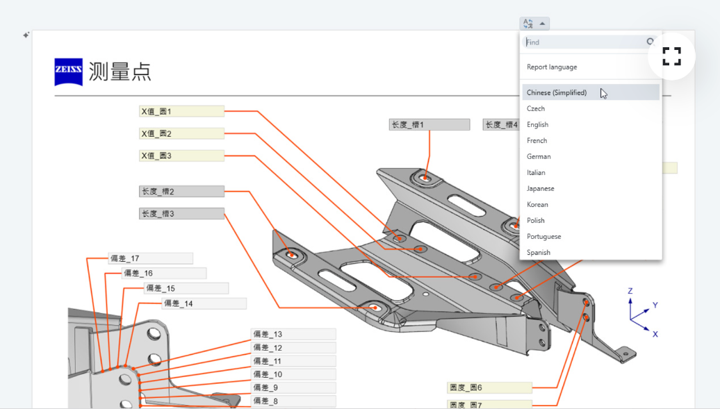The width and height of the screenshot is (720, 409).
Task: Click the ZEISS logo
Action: pyautogui.click(x=68, y=72)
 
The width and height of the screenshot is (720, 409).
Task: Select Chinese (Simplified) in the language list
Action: pyautogui.click(x=557, y=92)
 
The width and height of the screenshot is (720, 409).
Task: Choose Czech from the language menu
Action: pyautogui.click(x=536, y=108)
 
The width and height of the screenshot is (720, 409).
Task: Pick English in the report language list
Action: pyautogui.click(x=538, y=124)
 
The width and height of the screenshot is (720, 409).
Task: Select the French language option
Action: pyautogui.click(x=537, y=140)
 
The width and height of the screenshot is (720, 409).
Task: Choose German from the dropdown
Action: pyautogui.click(x=539, y=156)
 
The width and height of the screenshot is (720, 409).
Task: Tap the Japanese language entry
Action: pyautogui.click(x=541, y=189)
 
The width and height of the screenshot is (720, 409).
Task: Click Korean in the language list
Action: pyautogui.click(x=537, y=204)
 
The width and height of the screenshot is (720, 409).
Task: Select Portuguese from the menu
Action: pyautogui.click(x=543, y=236)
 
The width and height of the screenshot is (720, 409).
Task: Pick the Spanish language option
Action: pyautogui.click(x=539, y=253)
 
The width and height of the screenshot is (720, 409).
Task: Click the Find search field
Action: pyautogui.click(x=585, y=42)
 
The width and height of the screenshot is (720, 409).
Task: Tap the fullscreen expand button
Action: pyautogui.click(x=671, y=56)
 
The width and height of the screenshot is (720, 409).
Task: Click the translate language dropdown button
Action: pyautogui.click(x=534, y=24)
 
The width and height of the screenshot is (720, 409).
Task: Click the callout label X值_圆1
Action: pyautogui.click(x=182, y=111)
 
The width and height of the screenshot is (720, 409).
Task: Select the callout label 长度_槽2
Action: pyautogui.click(x=182, y=191)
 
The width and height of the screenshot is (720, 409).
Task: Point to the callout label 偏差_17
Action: pyautogui.click(x=151, y=258)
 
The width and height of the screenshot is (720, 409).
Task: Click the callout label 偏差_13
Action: pyautogui.click(x=293, y=334)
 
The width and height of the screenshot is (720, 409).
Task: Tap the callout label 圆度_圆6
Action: pyautogui.click(x=489, y=387)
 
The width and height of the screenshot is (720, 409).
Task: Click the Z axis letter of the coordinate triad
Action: pyautogui.click(x=630, y=291)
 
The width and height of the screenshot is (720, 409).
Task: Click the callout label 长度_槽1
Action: pyautogui.click(x=429, y=124)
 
